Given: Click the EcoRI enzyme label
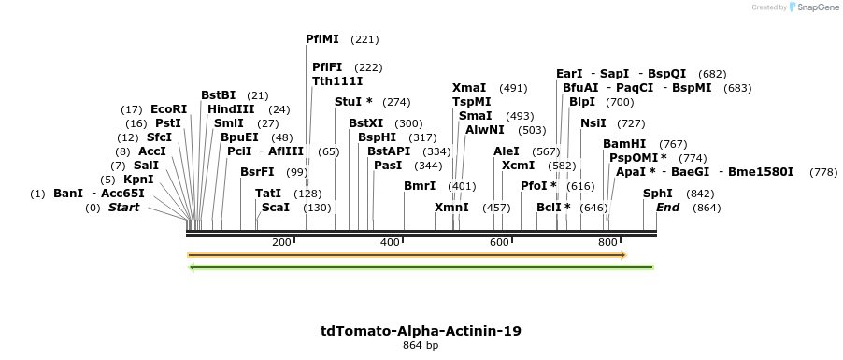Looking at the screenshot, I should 168,109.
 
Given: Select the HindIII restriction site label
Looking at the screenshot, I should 231,109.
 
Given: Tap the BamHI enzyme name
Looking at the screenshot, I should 624,144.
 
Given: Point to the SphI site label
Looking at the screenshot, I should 657,194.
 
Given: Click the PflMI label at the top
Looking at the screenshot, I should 324,39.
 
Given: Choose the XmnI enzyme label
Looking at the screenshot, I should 452,208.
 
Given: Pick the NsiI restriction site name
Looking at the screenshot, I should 593,123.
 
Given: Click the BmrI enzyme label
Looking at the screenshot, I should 420,186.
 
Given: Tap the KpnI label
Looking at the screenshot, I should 138,180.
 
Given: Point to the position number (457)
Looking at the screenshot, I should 496,208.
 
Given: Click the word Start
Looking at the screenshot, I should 123,208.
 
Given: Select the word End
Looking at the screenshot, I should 667,208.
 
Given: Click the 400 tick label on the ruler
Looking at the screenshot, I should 390,243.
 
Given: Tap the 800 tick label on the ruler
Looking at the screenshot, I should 607,243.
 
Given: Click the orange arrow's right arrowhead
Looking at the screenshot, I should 622,254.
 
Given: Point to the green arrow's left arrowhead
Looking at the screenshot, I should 192,267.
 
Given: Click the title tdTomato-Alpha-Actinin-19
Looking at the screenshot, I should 421,331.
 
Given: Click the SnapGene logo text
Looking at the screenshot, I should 815,7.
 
